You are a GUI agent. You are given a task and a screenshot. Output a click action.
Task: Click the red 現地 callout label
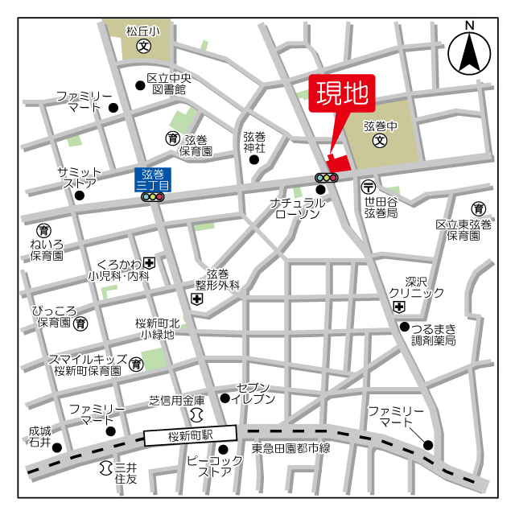tap(340, 94)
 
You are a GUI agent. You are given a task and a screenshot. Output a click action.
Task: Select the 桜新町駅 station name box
tap(191, 435)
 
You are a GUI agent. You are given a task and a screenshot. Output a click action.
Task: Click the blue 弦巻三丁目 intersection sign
tap(152, 179)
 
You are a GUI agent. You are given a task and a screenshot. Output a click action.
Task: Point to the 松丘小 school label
tap(142, 31)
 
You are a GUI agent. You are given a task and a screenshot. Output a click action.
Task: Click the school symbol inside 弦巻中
tap(380, 142)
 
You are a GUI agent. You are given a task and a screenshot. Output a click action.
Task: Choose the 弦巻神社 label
tap(254, 142)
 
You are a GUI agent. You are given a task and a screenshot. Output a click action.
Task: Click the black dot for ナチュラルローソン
tap(320, 190)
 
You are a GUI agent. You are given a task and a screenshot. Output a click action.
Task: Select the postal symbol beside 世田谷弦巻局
tap(368, 185)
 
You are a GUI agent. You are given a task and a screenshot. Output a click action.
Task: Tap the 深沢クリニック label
tap(415, 287)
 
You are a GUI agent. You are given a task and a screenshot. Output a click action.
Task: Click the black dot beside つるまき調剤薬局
tap(404, 326)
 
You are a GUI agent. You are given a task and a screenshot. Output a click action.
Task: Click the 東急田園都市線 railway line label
tap(290, 448)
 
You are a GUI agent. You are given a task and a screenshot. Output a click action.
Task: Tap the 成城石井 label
tap(39, 437)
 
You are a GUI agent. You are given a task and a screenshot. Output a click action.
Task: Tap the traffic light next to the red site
tap(327, 177)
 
